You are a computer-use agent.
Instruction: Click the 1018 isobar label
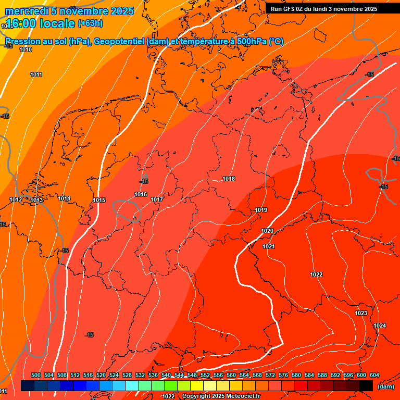pyautogui.click(x=229, y=179)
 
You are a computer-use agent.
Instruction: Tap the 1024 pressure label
pyautogui.click(x=380, y=326)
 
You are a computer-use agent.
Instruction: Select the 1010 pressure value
pyautogui.click(x=26, y=49)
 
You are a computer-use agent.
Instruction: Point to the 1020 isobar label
pyautogui.click(x=267, y=231)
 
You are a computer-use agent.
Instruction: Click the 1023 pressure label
pyautogui.click(x=361, y=313)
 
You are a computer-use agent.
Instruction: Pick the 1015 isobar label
pyautogui.click(x=99, y=201)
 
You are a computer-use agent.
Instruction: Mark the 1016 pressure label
pyautogui.click(x=141, y=194)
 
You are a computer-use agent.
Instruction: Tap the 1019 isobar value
pyautogui.click(x=261, y=210)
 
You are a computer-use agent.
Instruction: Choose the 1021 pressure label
pyautogui.click(x=269, y=246)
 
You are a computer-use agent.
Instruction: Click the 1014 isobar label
pyautogui.click(x=64, y=198)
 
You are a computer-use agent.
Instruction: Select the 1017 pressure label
pyautogui.click(x=157, y=199)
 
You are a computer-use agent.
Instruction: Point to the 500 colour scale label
pyautogui.click(x=36, y=375)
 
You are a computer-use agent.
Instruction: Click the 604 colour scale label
pyautogui.click(x=374, y=375)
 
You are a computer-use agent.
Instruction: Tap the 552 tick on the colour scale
pyautogui.click(x=205, y=375)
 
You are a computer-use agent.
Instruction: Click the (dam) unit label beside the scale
pyautogui.click(x=385, y=386)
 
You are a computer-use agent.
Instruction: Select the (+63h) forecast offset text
pyautogui.click(x=90, y=23)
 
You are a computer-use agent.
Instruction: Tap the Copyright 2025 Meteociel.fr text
pyautogui.click(x=221, y=396)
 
